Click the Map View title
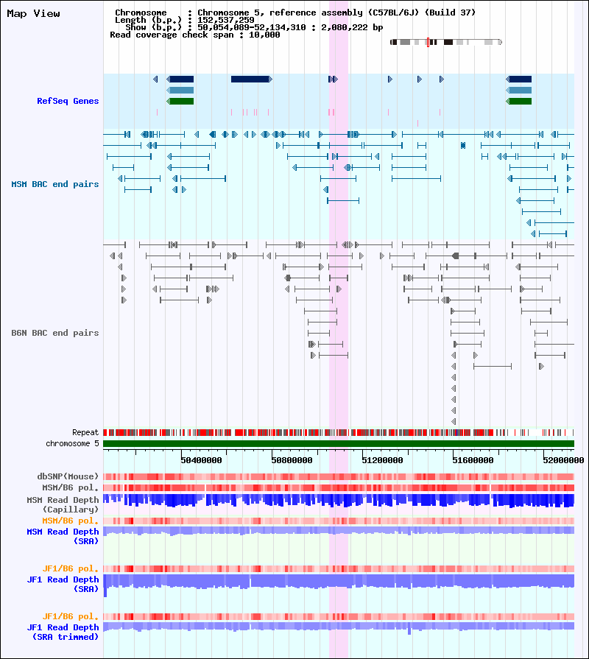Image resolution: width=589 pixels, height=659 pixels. pos(33,14)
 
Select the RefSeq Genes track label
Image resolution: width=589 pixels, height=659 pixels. pos(68,101)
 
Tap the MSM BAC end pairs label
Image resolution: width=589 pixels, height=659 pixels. pos(55,184)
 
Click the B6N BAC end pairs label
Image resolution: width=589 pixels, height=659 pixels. pos(55,333)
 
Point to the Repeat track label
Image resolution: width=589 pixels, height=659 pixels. pos(85,432)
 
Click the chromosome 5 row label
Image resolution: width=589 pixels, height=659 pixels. pos(72,443)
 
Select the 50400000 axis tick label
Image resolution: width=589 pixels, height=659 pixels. pos(201,460)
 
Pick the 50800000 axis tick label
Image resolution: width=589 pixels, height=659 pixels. pos(292,460)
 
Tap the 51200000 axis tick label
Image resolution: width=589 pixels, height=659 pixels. pos(382,460)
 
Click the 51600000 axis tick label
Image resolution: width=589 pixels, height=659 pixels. pos(473,460)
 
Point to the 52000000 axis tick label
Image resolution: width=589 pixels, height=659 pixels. pos(563,460)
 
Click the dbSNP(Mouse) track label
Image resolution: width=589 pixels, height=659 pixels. pos(68,476)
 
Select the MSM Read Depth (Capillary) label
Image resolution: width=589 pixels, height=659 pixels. pos(63,504)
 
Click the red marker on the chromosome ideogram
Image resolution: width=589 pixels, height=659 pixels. pos(428,42)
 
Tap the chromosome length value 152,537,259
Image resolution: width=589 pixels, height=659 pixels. pos(226,20)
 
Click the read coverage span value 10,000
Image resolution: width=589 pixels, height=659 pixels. pos(264,35)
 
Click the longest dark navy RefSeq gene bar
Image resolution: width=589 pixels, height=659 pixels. pos(252,79)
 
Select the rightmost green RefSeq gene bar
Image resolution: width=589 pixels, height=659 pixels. pos(519,102)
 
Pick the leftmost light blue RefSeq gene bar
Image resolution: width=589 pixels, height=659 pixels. pos(180,91)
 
